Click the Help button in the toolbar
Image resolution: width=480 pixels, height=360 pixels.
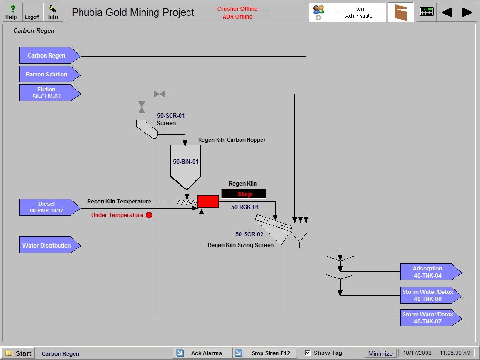click(x=11, y=12)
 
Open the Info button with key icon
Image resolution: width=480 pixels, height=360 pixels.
click(x=53, y=12)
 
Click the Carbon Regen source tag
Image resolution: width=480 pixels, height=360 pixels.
click(x=47, y=55)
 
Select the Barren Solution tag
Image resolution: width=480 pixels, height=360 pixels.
click(x=47, y=74)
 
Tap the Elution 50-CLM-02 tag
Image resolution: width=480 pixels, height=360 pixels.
click(x=47, y=93)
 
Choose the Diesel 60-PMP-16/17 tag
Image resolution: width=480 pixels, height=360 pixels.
click(x=47, y=207)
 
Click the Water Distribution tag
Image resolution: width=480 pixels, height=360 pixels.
click(x=47, y=245)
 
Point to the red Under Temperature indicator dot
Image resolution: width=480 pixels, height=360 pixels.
click(x=149, y=215)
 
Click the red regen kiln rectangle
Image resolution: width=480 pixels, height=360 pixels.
click(x=208, y=202)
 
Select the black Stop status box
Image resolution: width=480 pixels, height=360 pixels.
click(x=244, y=194)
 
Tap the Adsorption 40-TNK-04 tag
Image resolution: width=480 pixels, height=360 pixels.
click(x=427, y=272)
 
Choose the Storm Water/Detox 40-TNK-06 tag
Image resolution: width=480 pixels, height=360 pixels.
click(x=427, y=295)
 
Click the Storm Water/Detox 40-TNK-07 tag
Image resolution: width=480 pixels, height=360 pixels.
click(x=427, y=318)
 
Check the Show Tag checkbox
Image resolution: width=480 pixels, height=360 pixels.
click(x=308, y=352)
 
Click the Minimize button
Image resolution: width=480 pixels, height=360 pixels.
click(x=380, y=353)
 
